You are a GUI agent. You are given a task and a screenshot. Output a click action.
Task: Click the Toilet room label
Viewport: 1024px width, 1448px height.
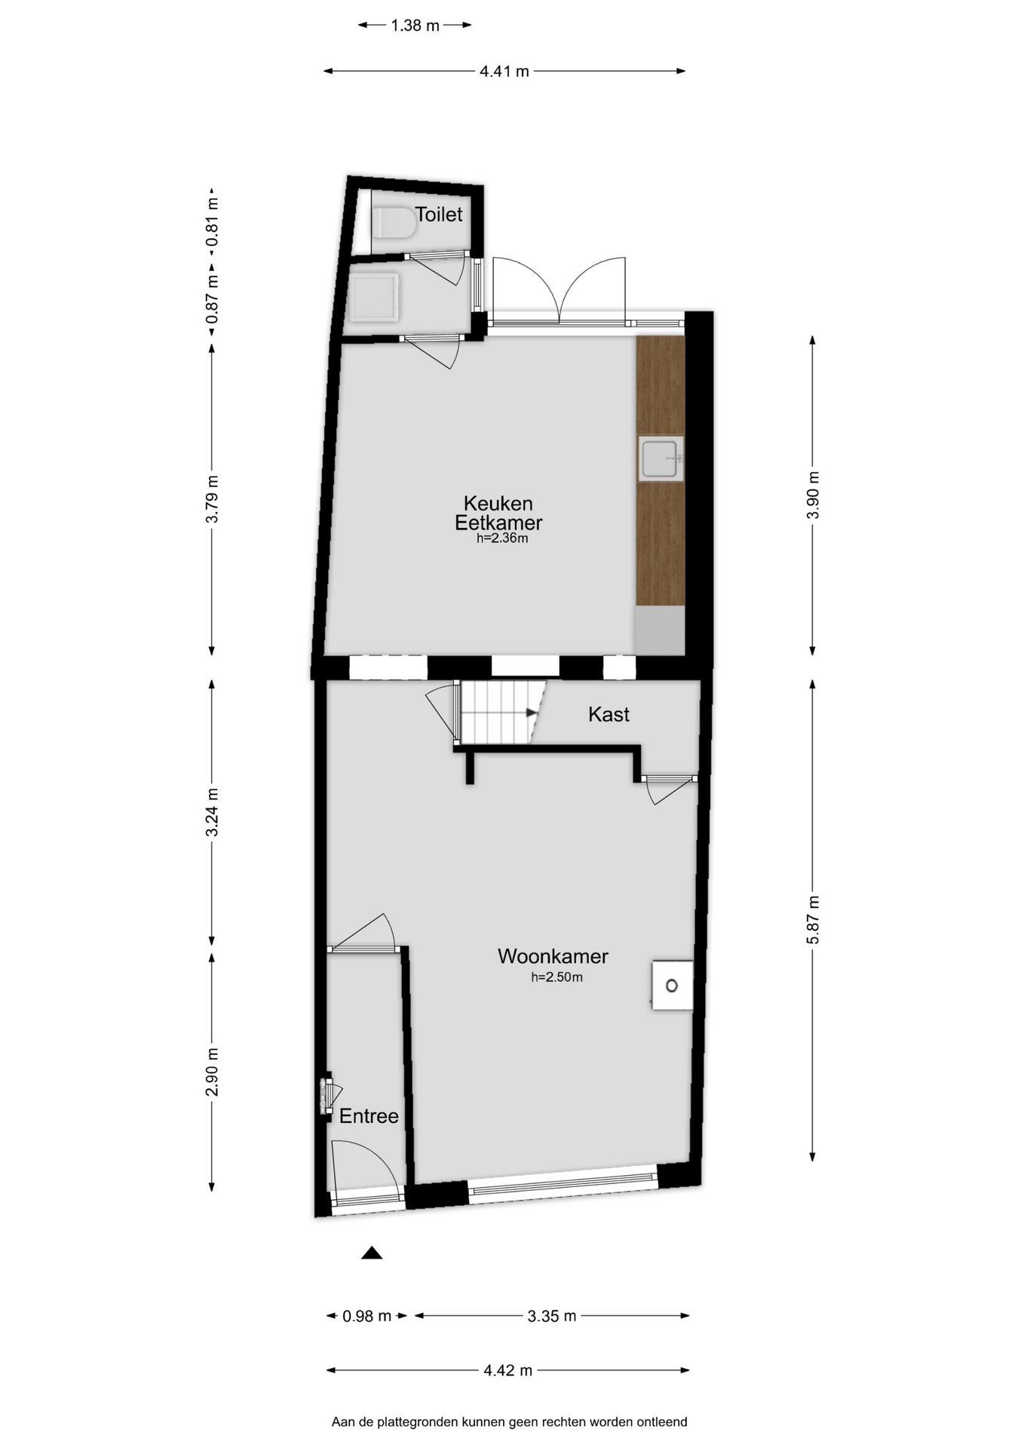point(439,215)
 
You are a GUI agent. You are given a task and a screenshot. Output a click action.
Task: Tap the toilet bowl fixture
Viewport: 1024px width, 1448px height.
point(394,222)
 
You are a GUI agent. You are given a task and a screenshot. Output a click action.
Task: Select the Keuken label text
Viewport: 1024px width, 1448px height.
point(498,503)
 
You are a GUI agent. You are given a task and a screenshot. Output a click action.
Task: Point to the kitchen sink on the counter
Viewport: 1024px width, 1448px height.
point(661,459)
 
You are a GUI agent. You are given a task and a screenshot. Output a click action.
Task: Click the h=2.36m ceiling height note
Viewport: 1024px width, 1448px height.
point(502,538)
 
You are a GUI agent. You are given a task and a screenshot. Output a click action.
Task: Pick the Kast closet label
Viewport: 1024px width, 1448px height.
point(609,714)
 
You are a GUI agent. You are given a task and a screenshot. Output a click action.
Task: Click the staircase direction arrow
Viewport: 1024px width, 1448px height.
point(532,713)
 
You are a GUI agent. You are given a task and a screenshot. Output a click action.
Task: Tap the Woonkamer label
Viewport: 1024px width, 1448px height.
point(553,956)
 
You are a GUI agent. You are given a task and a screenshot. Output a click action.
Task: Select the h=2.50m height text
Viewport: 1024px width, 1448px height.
point(556,977)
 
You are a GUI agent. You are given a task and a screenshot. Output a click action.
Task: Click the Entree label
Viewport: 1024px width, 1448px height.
point(369,1116)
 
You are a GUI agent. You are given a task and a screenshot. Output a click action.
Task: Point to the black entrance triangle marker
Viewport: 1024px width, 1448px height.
point(372,1253)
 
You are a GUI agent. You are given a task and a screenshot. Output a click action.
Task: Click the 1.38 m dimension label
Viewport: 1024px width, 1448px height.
point(415,26)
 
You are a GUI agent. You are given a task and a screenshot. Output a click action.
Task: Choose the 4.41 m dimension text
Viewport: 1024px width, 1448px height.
point(504,72)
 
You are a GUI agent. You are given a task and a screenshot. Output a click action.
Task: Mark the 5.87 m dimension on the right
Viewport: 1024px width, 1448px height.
point(813,919)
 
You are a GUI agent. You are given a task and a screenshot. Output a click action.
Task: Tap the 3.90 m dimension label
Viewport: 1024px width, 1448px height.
point(813,495)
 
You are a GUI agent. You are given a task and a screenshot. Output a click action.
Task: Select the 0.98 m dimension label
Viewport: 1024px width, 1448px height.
point(367,1316)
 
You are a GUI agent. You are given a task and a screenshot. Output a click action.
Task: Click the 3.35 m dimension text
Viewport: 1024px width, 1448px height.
point(552,1316)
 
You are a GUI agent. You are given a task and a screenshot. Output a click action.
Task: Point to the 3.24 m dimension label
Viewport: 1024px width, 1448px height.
point(212,811)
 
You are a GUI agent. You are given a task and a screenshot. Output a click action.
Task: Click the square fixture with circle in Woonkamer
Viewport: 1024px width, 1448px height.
point(672,985)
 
